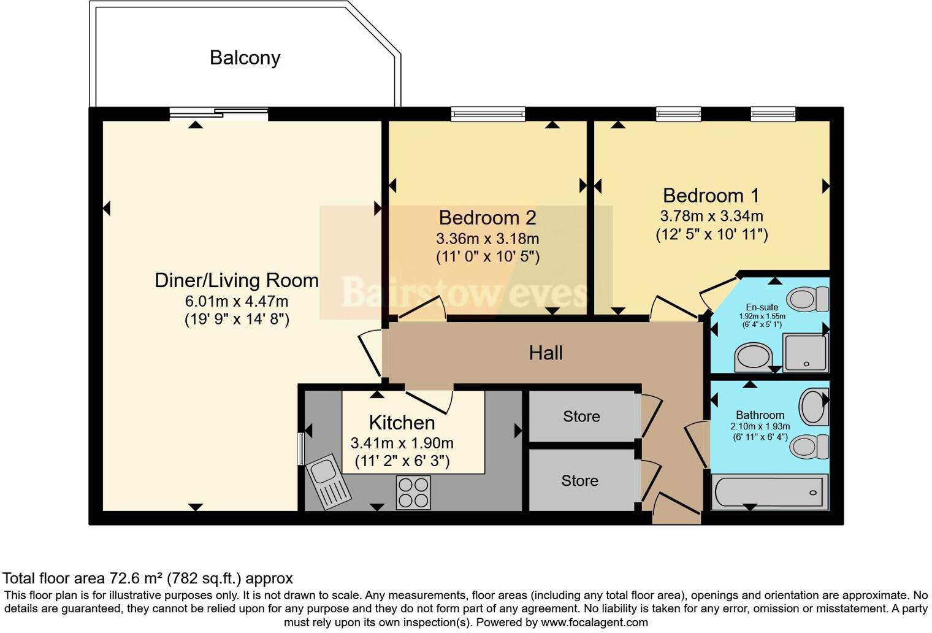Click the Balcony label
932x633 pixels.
(x=245, y=58)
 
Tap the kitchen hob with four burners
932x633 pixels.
(x=413, y=493)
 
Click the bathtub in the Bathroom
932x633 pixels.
(x=769, y=492)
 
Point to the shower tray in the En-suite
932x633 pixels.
(x=805, y=353)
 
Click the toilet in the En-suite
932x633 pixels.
(x=808, y=299)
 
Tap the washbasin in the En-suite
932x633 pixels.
(x=753, y=356)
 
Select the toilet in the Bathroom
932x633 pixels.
(x=809, y=447)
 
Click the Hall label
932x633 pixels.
(x=545, y=353)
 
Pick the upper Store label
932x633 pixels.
(x=581, y=416)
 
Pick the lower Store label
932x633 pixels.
(x=579, y=480)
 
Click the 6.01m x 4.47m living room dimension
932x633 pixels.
(x=237, y=301)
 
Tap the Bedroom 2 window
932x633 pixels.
(x=487, y=114)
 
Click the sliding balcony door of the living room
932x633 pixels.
(x=218, y=114)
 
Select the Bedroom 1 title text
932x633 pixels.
(x=711, y=195)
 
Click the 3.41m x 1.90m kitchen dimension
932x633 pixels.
(x=402, y=443)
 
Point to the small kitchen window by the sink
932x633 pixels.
(x=301, y=449)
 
